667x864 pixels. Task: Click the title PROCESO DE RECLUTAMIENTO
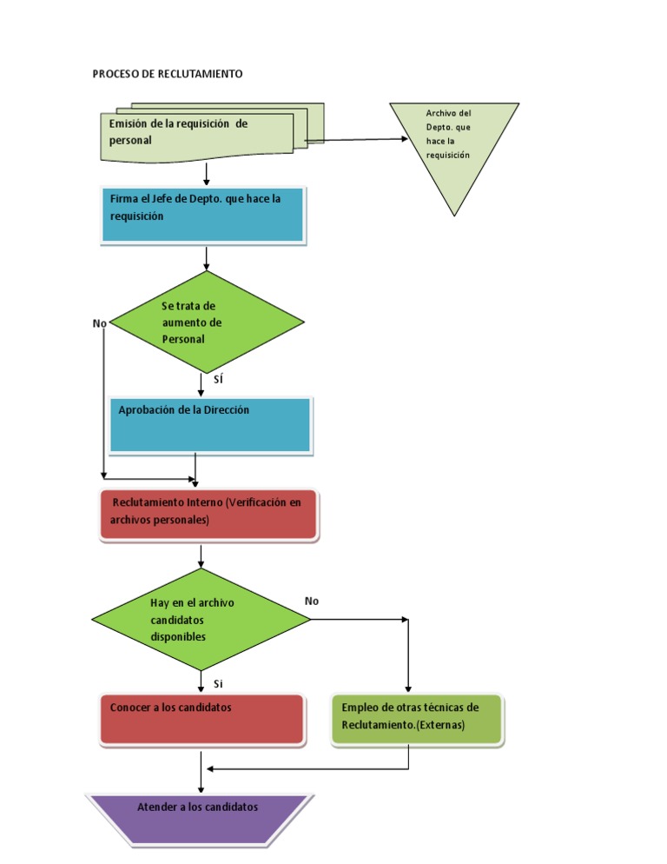coord(168,75)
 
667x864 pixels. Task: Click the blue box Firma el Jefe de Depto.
coord(203,215)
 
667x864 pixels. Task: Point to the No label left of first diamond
coord(99,323)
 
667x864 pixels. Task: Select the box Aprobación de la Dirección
coord(210,425)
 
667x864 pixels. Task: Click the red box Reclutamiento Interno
coord(208,516)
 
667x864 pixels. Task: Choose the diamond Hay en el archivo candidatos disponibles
coord(201,620)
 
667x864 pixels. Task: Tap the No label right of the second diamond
coord(312,601)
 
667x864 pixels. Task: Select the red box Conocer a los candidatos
coord(202,720)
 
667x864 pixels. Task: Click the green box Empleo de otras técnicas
coord(417,719)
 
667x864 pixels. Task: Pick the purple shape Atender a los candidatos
coord(199,818)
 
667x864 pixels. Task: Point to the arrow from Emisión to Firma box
coord(207,174)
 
